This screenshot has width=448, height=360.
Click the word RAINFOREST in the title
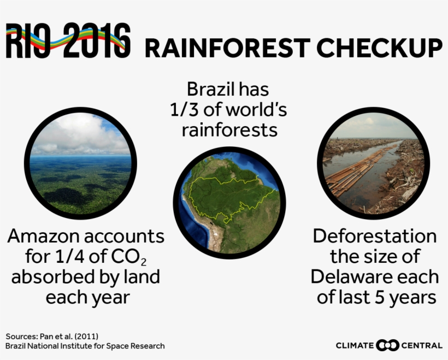tap(227, 48)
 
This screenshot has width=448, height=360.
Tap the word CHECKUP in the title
tap(379, 48)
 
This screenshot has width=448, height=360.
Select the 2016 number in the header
tap(97, 40)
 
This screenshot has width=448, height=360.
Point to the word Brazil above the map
tap(211, 89)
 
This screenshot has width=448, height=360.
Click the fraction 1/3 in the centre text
tap(184, 109)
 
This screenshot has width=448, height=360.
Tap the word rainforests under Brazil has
tap(229, 130)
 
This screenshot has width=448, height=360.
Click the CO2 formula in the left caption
tap(128, 257)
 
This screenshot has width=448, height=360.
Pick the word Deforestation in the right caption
tap(375, 237)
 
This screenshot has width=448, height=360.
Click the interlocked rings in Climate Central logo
tap(387, 345)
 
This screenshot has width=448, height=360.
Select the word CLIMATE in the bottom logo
tap(355, 345)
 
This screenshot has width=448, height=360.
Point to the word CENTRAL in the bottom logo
tap(422, 345)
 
